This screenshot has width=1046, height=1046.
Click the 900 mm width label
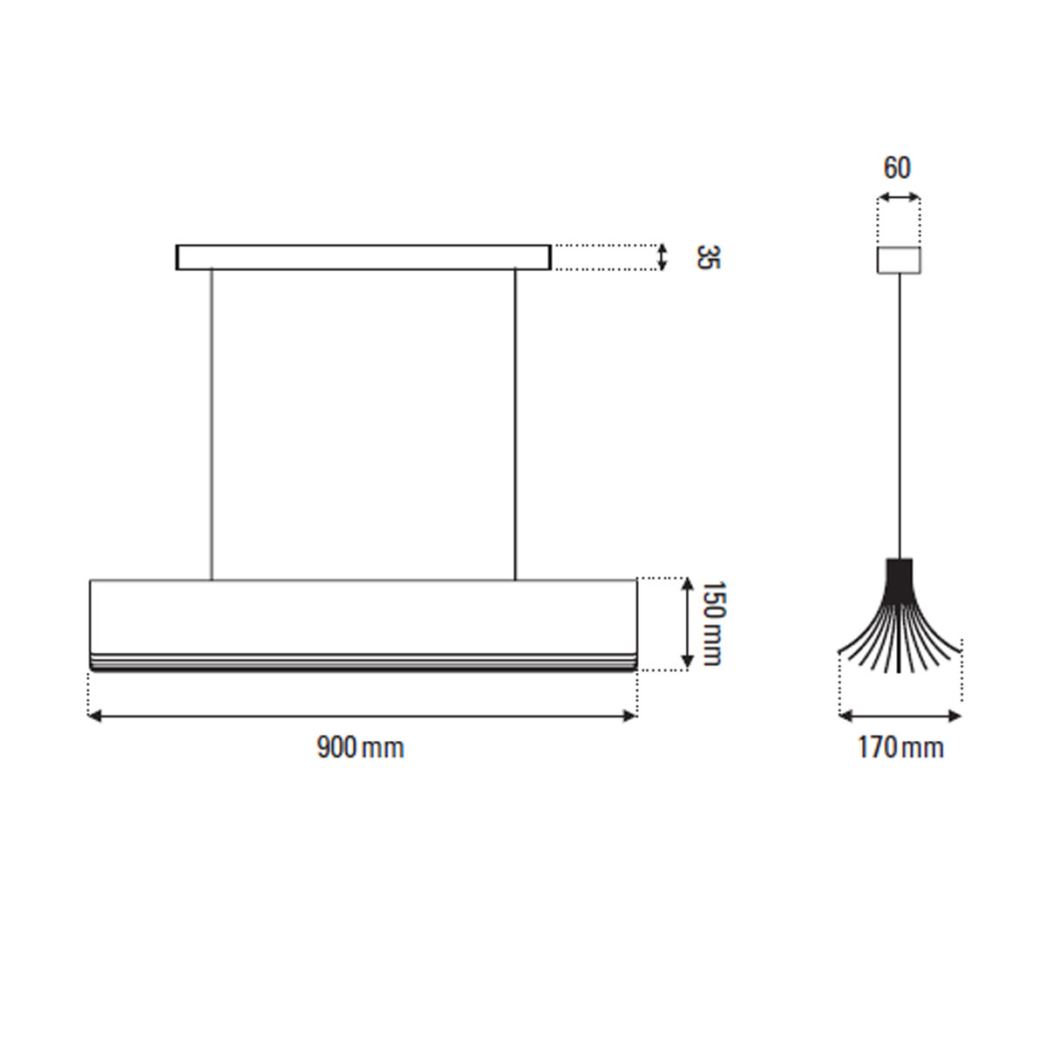pos(360,748)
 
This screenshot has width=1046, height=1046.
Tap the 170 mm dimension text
pos(900,748)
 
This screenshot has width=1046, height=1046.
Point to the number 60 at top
pos(897,168)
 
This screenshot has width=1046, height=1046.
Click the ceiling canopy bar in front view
pos(363,257)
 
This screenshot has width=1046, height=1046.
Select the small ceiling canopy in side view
pos(899,260)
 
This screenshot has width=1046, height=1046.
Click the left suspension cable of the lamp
pos(212,425)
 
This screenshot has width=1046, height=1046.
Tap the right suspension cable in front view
pos(515,425)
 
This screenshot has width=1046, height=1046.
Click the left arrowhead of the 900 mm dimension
pos(94,716)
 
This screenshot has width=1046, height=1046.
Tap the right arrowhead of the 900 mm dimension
pos(631,716)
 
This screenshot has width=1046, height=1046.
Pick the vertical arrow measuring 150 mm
pos(688,622)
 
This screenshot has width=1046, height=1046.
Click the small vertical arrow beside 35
pos(662,257)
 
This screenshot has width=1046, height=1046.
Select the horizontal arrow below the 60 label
pos(899,198)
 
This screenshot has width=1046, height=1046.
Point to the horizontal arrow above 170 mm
pos(900,716)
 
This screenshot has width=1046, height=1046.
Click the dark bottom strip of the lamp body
pos(363,667)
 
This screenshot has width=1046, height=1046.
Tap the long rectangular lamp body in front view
pos(363,615)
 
